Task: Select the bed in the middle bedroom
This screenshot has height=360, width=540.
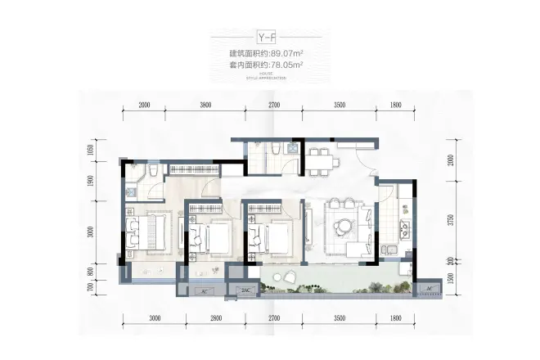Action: [x=216, y=238]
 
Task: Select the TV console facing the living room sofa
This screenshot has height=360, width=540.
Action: [x=309, y=226]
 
